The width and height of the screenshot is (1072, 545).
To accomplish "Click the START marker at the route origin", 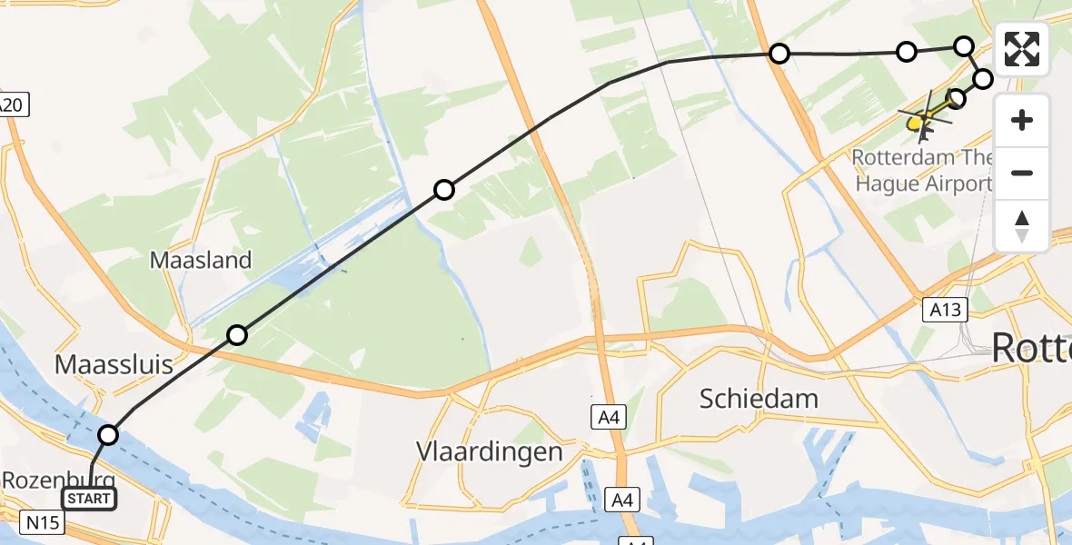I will (88, 499).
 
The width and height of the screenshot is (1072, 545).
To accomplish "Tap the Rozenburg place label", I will (56, 480).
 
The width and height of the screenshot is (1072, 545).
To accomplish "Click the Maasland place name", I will (200, 261).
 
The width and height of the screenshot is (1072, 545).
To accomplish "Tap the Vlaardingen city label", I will (489, 451).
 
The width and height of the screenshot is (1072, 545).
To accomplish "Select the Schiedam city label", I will (759, 397).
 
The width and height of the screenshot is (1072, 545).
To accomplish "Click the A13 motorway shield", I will (944, 310).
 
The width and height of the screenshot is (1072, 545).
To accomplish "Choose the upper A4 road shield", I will (608, 417).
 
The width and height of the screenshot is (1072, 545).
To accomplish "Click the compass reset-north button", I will (1022, 226).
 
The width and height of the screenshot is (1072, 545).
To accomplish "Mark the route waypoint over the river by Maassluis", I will (108, 435).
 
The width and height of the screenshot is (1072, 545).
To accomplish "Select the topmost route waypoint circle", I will (964, 45).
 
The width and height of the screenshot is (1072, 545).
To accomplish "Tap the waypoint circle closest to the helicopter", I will (956, 98).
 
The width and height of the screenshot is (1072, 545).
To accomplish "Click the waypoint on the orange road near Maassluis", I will (237, 335).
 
